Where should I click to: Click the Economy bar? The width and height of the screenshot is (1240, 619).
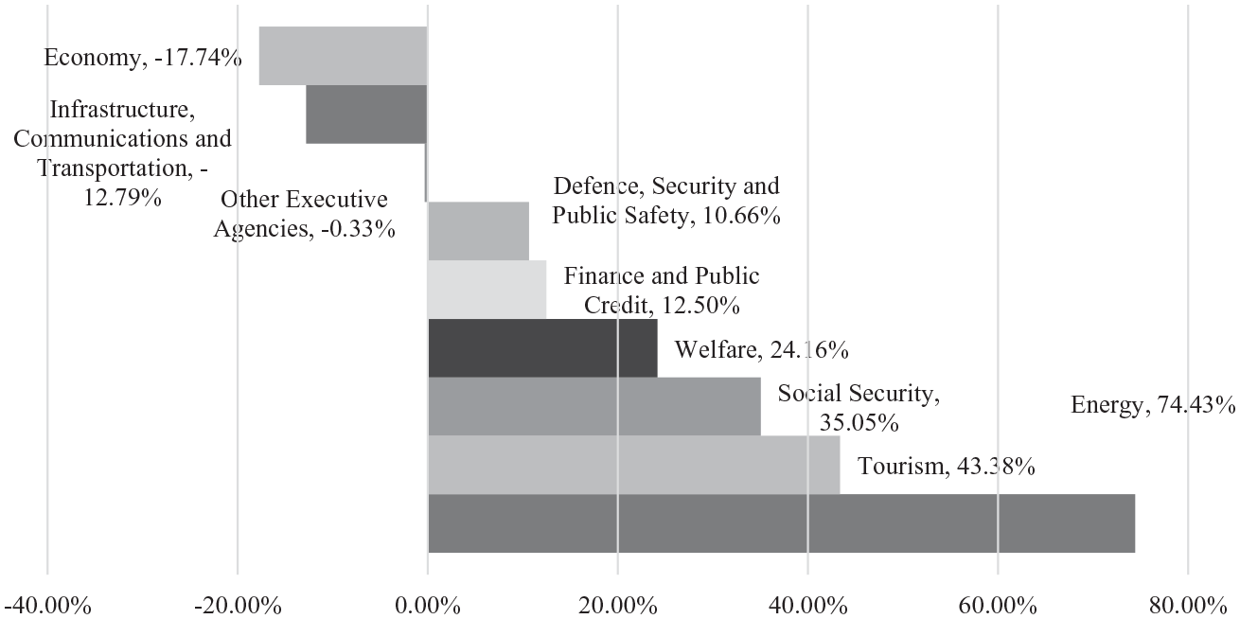(344, 56)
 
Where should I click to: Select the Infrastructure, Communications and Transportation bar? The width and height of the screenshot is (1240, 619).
(366, 115)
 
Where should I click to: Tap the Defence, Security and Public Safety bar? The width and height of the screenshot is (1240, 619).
(478, 231)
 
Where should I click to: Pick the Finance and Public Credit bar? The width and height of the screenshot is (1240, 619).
(487, 290)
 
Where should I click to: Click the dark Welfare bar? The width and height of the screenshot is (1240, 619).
(542, 348)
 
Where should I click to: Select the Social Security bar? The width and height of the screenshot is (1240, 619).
(594, 406)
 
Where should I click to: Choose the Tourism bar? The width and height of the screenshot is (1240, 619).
(634, 465)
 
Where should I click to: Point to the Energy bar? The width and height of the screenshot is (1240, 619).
(782, 523)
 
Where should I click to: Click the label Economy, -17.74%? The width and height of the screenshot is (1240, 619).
(143, 58)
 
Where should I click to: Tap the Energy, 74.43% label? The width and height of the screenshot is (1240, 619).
(1153, 405)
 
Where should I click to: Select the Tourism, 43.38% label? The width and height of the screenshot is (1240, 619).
(947, 467)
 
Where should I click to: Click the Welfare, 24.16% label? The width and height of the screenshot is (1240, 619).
(761, 350)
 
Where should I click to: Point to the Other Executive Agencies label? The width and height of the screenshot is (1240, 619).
(305, 214)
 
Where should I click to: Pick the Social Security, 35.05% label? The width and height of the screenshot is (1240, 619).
(859, 408)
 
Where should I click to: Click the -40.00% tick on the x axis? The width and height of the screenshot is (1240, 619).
(47, 607)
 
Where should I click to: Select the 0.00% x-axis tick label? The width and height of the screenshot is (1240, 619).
(427, 607)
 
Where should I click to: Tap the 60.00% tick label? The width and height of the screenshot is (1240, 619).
(998, 607)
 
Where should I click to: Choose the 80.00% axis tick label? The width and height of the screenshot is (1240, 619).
(1188, 607)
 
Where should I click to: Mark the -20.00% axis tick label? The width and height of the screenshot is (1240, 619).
(238, 607)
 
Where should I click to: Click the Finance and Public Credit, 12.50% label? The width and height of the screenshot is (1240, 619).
(662, 291)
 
